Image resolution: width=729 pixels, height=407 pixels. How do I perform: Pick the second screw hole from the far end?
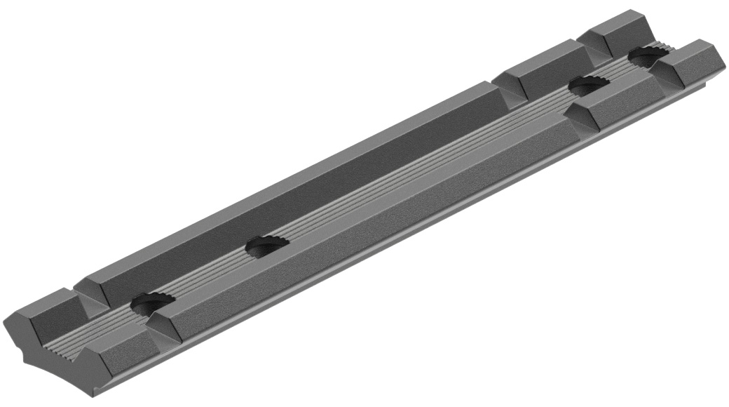[587, 86]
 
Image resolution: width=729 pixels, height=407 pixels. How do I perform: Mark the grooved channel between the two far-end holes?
[617, 70]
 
